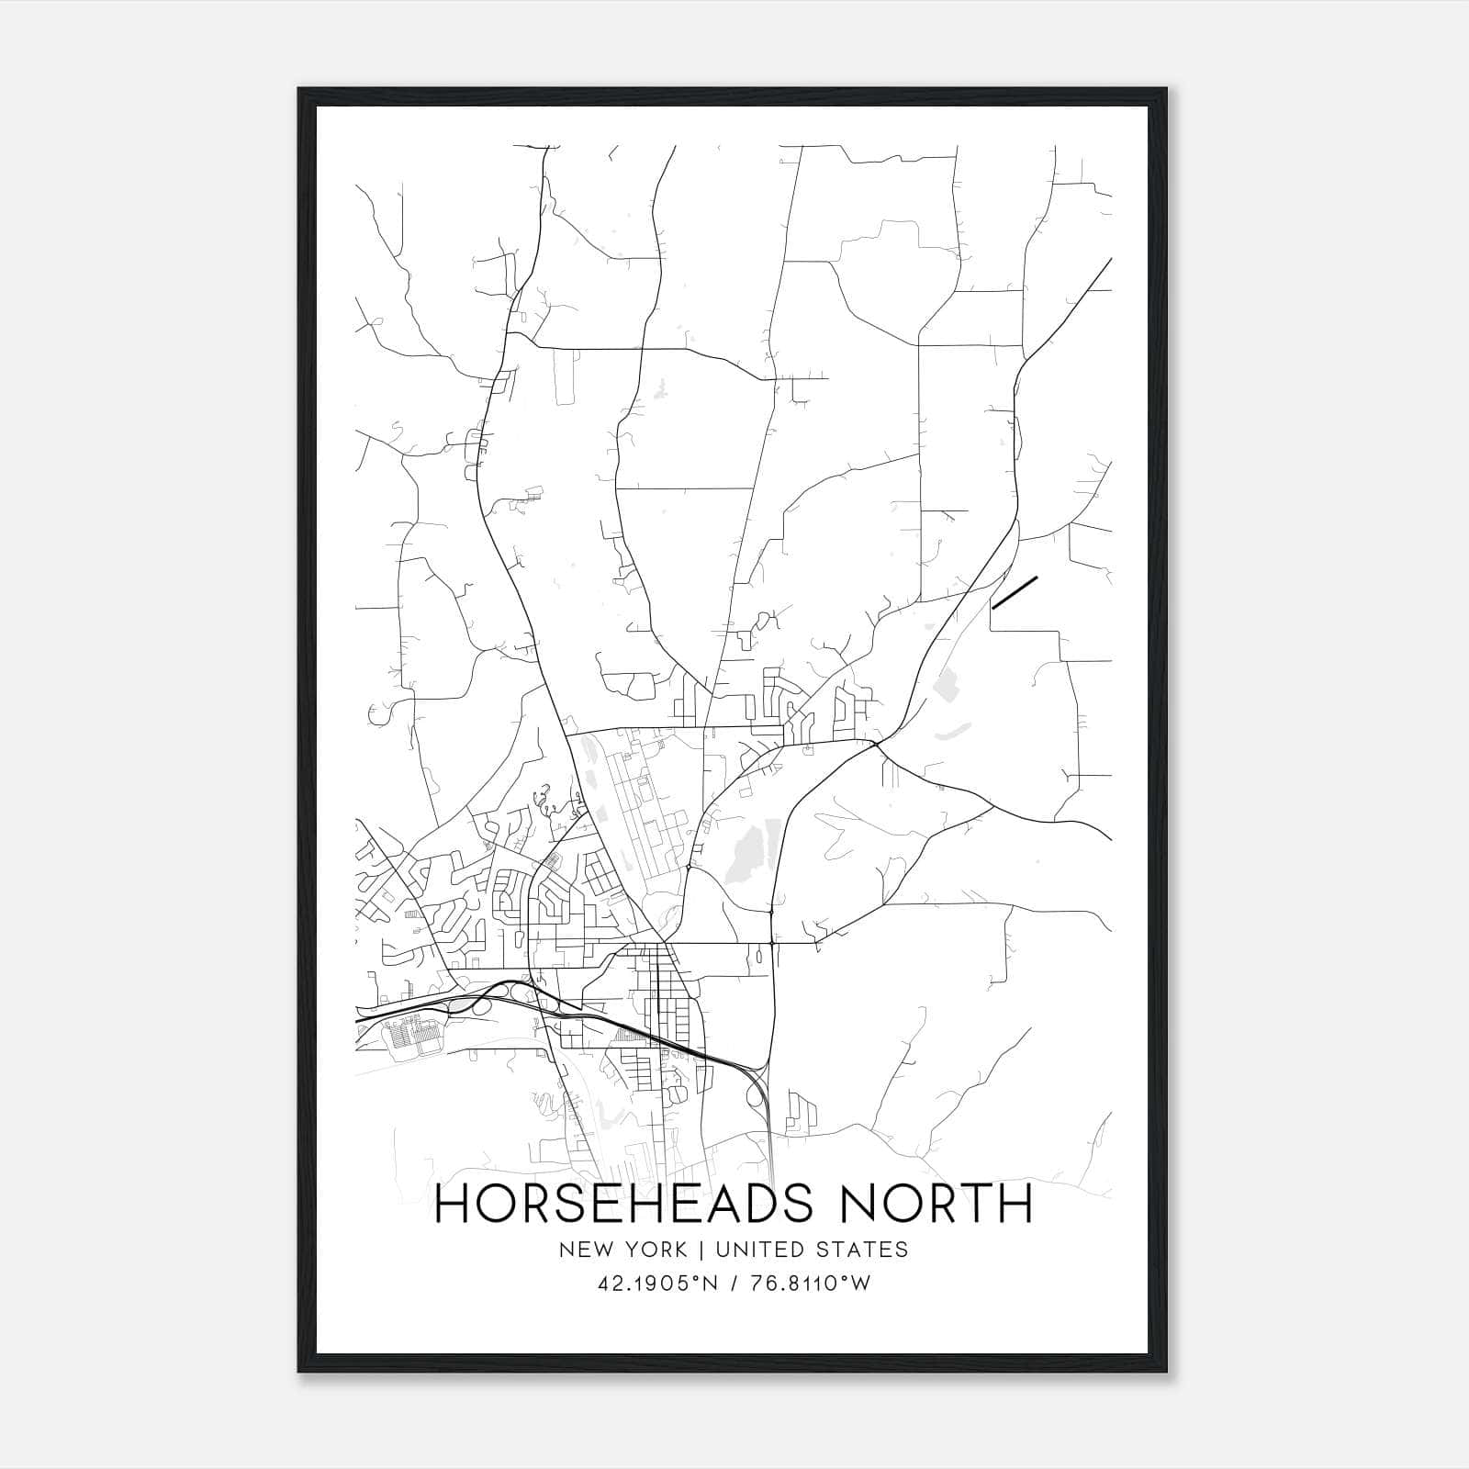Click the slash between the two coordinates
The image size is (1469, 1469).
(735, 1284)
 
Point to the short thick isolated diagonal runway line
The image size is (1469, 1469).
(1015, 592)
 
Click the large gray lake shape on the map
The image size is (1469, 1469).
(745, 855)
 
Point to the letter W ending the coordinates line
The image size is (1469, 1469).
(860, 1284)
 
